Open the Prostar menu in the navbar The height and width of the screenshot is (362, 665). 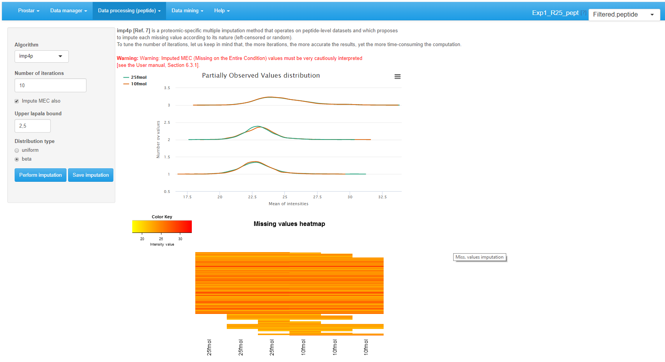(28, 11)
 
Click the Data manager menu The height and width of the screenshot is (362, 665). (68, 11)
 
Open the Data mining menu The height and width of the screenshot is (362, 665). (187, 11)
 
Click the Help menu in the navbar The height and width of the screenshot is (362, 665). (222, 11)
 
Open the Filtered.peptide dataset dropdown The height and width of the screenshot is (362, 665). (624, 15)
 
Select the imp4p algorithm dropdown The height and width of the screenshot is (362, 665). (42, 56)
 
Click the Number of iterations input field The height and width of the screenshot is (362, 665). (50, 85)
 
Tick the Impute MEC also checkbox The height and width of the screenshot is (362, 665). (17, 101)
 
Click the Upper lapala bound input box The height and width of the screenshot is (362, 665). (33, 126)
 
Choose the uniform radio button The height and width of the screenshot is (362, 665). (17, 150)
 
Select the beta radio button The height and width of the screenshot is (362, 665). (17, 159)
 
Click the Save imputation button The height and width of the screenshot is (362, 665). (91, 175)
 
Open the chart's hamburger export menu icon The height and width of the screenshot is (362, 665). (397, 76)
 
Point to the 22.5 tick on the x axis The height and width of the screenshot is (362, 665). (252, 197)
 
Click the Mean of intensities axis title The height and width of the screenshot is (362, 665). (288, 204)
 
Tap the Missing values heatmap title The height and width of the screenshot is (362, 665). (289, 224)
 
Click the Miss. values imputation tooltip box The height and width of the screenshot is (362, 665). (479, 257)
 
